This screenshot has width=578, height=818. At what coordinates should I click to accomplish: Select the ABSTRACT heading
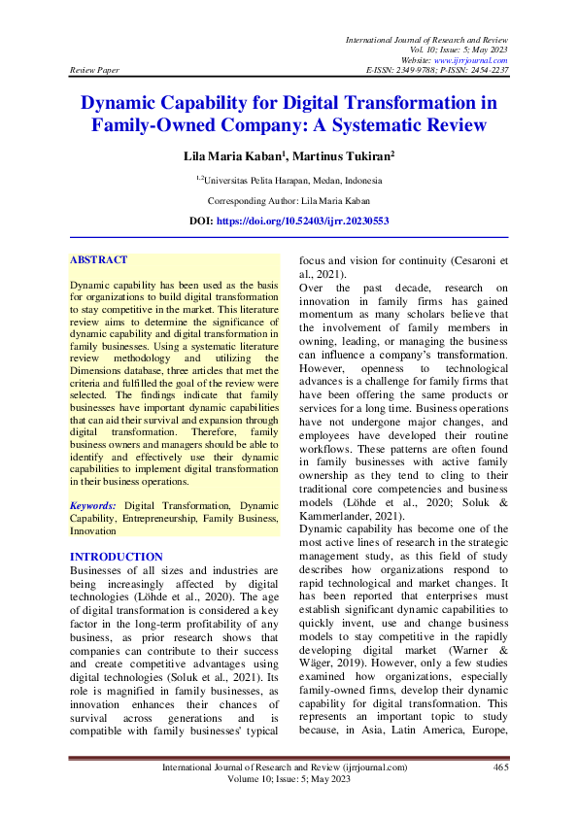pyautogui.click(x=99, y=260)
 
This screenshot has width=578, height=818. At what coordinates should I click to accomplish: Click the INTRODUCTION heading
pyautogui.click(x=117, y=557)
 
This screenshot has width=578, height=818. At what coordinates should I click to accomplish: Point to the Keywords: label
pyautogui.click(x=93, y=506)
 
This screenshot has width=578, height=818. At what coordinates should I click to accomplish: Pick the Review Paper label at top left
pyautogui.click(x=94, y=71)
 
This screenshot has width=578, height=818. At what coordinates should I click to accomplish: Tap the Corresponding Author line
pyautogui.click(x=289, y=200)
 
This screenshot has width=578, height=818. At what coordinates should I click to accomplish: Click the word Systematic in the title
pyautogui.click(x=375, y=125)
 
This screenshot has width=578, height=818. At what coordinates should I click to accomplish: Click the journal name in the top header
pyautogui.click(x=426, y=38)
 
